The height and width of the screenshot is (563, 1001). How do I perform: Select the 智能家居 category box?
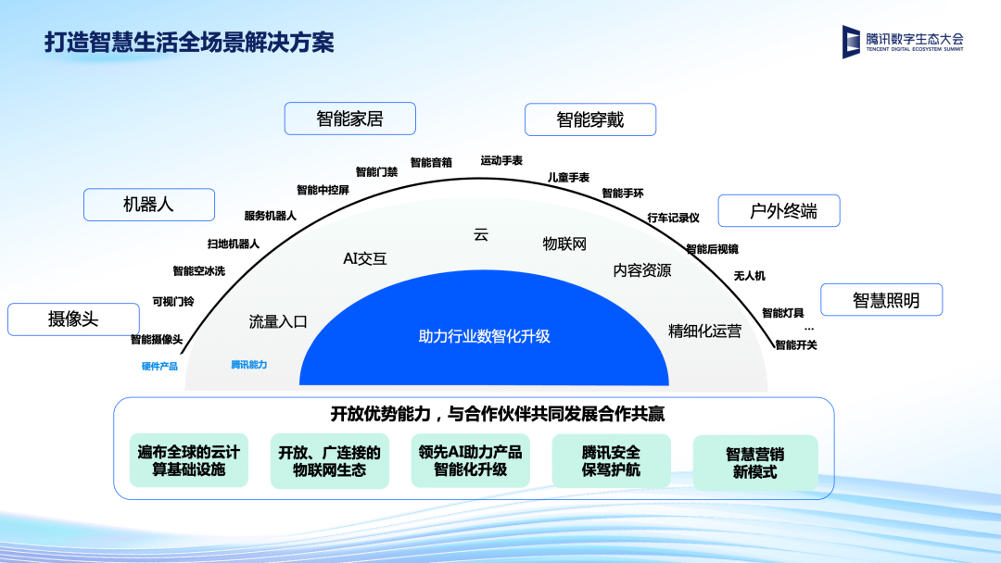349,119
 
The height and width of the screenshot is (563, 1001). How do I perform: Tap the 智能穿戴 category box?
589,119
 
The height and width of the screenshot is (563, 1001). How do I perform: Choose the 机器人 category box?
148,205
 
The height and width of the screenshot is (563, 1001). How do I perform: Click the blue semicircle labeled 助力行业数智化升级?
484,336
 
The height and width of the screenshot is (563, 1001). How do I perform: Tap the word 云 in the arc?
481,235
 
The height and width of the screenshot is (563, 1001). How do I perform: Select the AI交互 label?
364,259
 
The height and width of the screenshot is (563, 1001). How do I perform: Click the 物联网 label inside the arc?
564,244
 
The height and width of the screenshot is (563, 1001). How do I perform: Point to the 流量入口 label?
277,322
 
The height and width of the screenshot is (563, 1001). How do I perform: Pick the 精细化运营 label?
704,331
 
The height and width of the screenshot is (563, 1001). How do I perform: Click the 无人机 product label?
749,276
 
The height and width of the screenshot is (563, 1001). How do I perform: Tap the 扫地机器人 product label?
233,244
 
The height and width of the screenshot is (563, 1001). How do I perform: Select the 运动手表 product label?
501,160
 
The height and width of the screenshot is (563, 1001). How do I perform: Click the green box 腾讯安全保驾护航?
611,461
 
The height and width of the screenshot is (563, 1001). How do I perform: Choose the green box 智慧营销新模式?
754,463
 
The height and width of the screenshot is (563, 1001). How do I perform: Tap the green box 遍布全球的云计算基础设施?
188,461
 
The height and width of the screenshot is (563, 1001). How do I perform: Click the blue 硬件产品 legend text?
159,366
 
